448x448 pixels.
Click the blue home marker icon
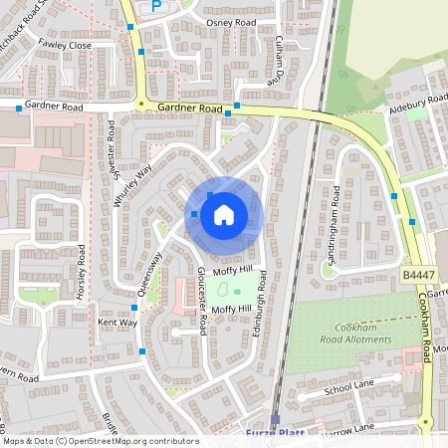pyautogui.click(x=224, y=214)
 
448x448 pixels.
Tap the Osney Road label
pyautogui.click(x=230, y=22)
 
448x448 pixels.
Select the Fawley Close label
pyautogui.click(x=65, y=46)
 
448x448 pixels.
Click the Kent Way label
pyautogui.click(x=117, y=323)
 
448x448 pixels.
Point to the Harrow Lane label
pyautogui.click(x=349, y=429)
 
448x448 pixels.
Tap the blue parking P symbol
pyautogui.click(x=156, y=6)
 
